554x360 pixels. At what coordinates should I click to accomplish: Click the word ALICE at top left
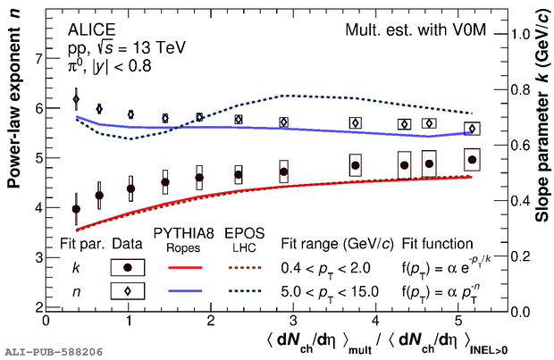(88, 29)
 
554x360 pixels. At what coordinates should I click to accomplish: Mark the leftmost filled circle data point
(76, 209)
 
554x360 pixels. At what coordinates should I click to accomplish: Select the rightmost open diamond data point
(472, 129)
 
